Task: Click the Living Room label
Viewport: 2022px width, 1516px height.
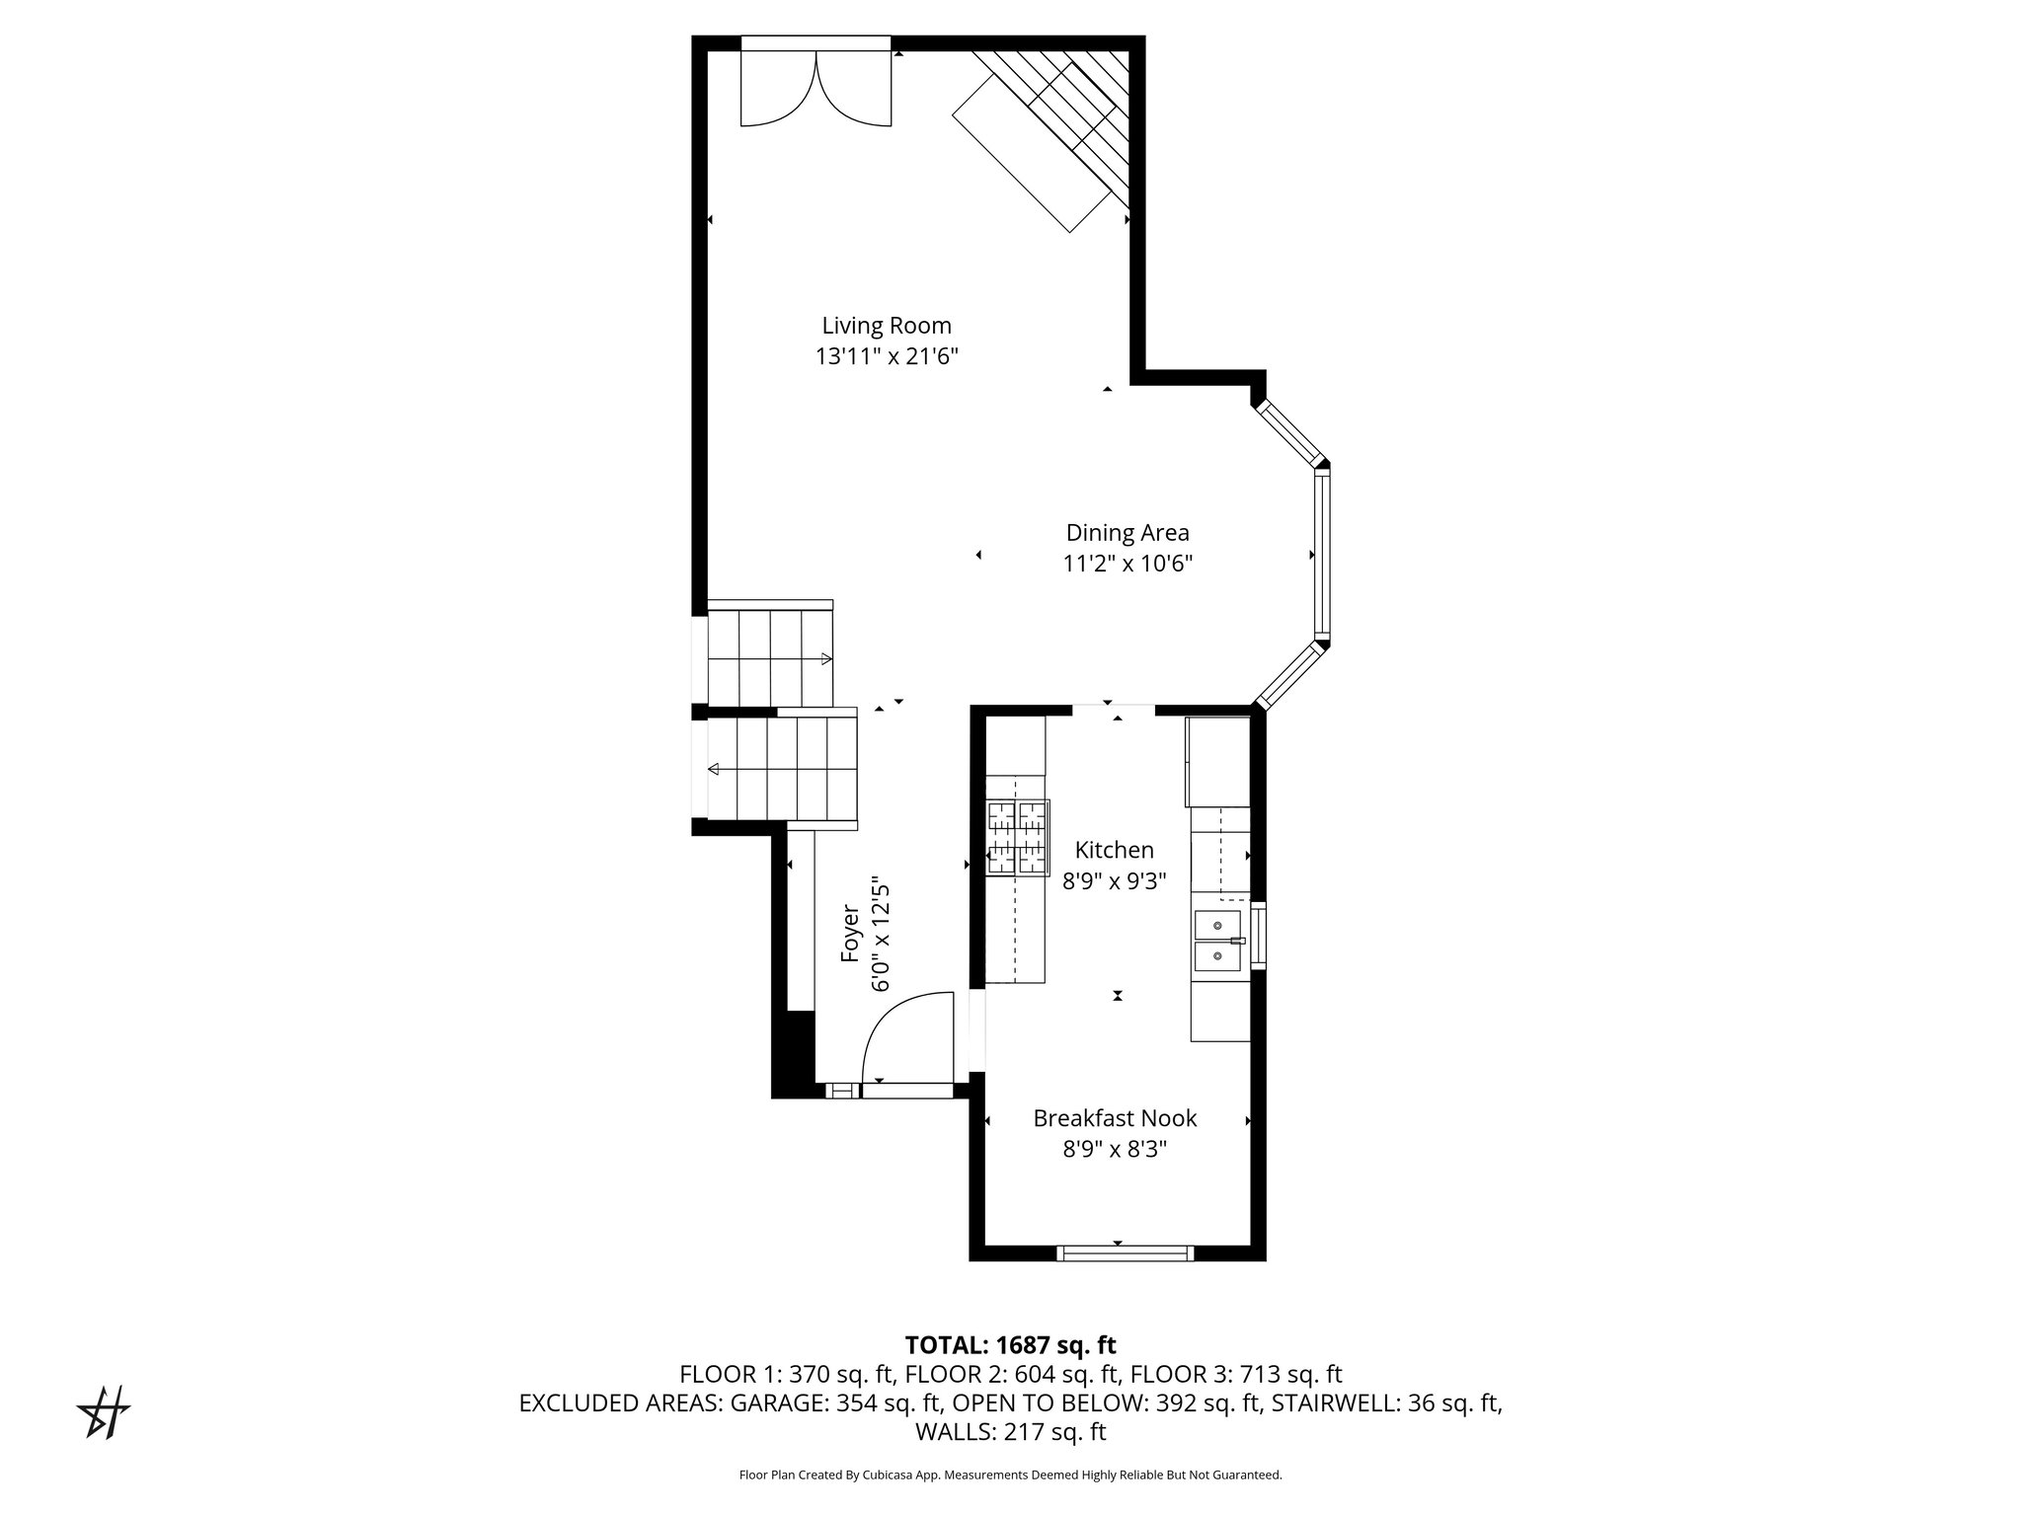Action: click(x=887, y=326)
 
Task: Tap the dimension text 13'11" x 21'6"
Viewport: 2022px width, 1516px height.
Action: click(x=887, y=357)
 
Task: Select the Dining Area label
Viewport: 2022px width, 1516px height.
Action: click(x=1128, y=533)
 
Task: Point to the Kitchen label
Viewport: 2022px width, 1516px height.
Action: click(x=1114, y=850)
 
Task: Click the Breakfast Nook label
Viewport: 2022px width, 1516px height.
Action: click(x=1115, y=1118)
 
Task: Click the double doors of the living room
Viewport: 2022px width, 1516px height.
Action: click(x=817, y=89)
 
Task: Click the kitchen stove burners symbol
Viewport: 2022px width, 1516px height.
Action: click(x=1016, y=837)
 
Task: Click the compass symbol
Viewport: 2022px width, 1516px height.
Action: click(x=105, y=1412)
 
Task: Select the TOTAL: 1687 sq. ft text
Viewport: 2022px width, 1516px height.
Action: click(x=1010, y=1345)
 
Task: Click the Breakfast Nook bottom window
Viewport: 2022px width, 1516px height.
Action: click(x=1125, y=1253)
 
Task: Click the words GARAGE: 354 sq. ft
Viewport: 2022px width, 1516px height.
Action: click(x=837, y=1403)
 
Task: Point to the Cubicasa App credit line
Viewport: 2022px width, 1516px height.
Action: click(x=1010, y=1475)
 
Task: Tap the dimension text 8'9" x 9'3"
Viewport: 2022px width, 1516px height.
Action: click(x=1114, y=881)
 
